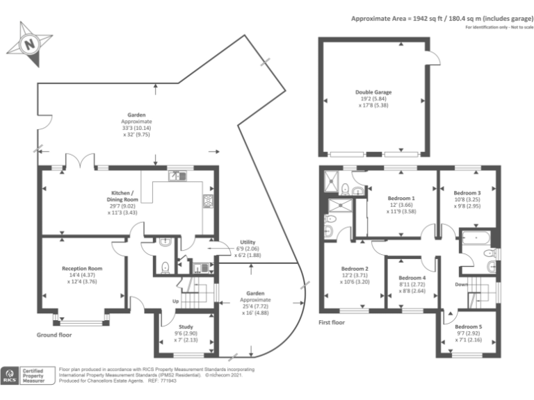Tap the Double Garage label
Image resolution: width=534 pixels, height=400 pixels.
373,92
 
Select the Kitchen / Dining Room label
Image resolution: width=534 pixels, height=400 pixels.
127,197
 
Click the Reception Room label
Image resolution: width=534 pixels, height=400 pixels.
82,268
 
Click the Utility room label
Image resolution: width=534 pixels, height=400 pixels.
248,242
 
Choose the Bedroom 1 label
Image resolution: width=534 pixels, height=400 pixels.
401,199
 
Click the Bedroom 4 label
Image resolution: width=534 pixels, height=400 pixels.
414,278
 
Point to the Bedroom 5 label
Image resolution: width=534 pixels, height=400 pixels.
468,326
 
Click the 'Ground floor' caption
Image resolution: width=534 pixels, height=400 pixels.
54,335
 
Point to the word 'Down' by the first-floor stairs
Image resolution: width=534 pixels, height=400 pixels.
460,285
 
